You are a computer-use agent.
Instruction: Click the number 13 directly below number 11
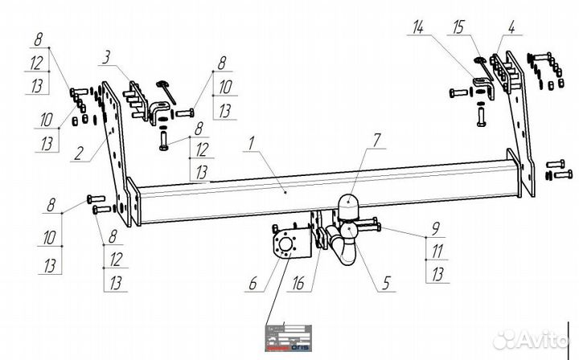coord(437,275)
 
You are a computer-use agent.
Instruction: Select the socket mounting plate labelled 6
coord(288,247)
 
